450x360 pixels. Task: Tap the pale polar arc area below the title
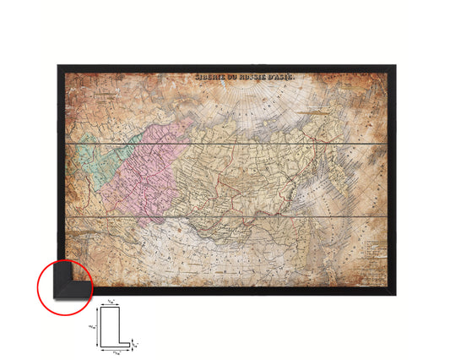point(253,106)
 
